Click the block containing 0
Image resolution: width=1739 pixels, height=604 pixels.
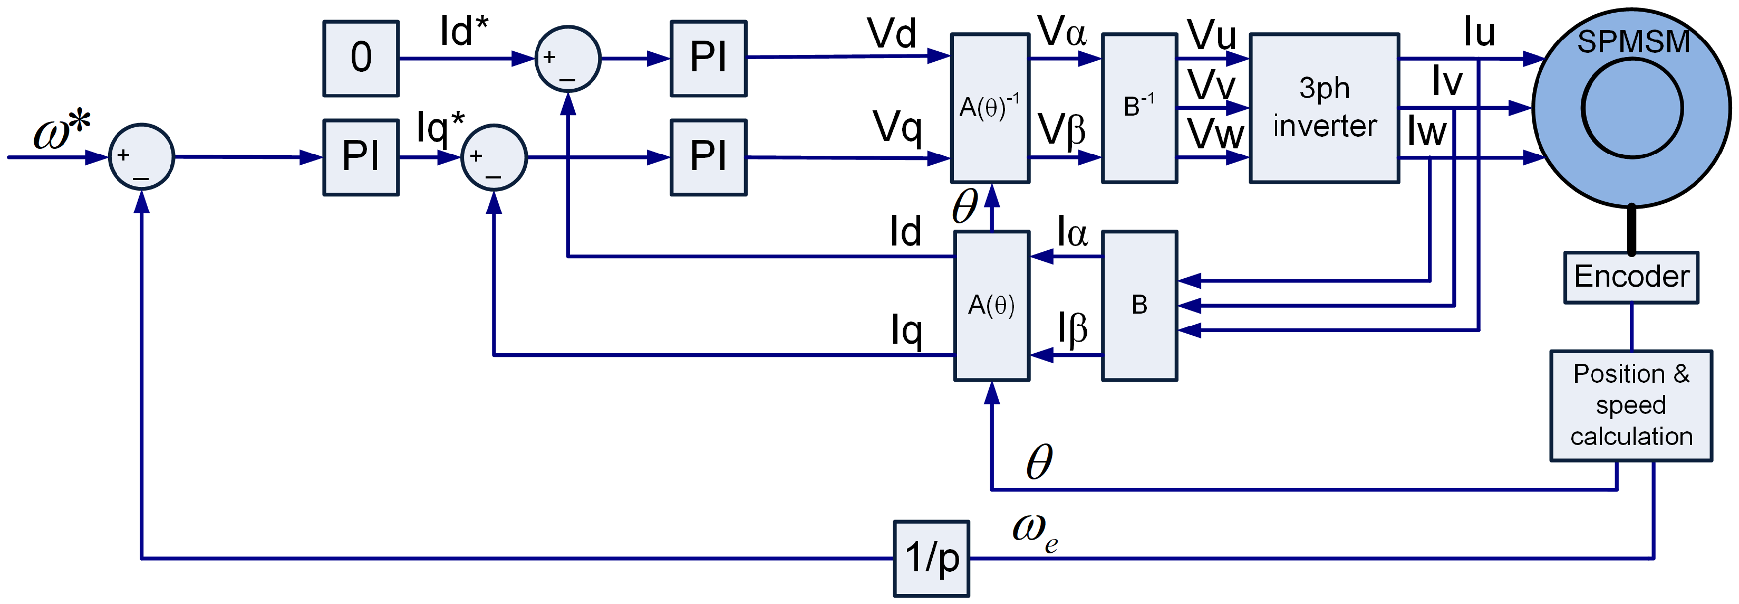(x=361, y=58)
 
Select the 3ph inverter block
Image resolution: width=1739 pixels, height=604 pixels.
(x=1324, y=108)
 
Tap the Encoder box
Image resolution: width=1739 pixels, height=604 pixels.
(x=1630, y=278)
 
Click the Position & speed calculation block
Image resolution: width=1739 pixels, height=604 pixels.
(x=1630, y=405)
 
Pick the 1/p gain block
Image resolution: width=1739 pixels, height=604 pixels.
(x=931, y=558)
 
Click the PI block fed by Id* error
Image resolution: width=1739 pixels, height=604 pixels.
(x=708, y=58)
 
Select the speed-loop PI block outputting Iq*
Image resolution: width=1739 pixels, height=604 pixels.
(x=361, y=157)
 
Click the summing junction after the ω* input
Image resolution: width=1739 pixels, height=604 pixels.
(x=142, y=157)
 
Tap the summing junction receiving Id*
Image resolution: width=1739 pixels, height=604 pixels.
(x=568, y=59)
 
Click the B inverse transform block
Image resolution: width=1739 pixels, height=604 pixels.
(x=1139, y=108)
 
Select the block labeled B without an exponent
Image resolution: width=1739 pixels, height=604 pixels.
(x=1139, y=305)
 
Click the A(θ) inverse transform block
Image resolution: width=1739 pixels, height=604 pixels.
(x=990, y=108)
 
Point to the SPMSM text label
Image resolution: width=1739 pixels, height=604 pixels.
(x=1633, y=42)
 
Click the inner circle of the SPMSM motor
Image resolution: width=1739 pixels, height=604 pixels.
(x=1631, y=108)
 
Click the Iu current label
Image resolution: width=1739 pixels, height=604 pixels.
(x=1479, y=32)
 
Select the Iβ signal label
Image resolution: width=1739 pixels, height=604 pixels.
(x=1072, y=329)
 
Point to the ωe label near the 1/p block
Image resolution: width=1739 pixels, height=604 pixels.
(x=1034, y=532)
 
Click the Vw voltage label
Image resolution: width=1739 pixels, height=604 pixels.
(x=1215, y=134)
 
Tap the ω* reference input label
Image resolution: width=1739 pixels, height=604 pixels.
(x=62, y=130)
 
